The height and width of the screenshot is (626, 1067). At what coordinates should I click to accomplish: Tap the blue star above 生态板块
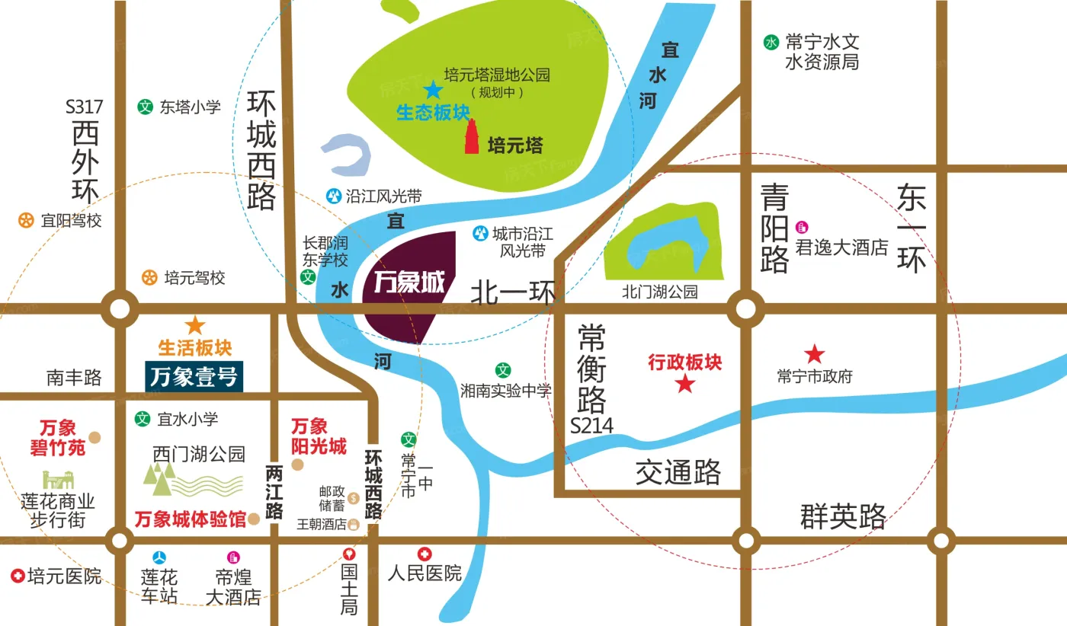tap(433, 90)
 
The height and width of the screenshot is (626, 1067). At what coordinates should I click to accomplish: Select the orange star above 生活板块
tap(195, 325)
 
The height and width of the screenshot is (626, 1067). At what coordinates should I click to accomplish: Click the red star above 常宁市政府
tap(815, 353)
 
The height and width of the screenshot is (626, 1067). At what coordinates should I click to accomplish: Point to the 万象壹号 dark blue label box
tap(194, 377)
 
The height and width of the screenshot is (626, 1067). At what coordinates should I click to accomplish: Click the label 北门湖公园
tap(660, 292)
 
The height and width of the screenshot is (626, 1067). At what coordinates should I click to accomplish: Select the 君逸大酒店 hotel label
tap(842, 248)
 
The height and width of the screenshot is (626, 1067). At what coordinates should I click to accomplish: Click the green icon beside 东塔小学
tap(144, 107)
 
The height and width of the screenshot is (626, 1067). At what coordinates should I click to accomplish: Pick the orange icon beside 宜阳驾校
tap(27, 221)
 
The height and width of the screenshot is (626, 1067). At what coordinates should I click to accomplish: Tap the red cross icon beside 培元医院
tap(17, 576)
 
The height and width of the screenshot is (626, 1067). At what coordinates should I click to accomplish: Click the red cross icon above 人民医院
tap(425, 554)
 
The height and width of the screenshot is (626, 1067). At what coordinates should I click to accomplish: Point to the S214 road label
tap(591, 426)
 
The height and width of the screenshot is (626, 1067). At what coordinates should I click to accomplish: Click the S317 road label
tap(84, 107)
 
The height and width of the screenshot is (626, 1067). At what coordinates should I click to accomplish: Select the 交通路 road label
tap(678, 473)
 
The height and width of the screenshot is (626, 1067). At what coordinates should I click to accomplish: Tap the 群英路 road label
tap(843, 517)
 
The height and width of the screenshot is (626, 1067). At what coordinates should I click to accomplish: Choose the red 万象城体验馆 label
tap(191, 520)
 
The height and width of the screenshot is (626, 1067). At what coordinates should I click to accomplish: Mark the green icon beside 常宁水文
tap(771, 43)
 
